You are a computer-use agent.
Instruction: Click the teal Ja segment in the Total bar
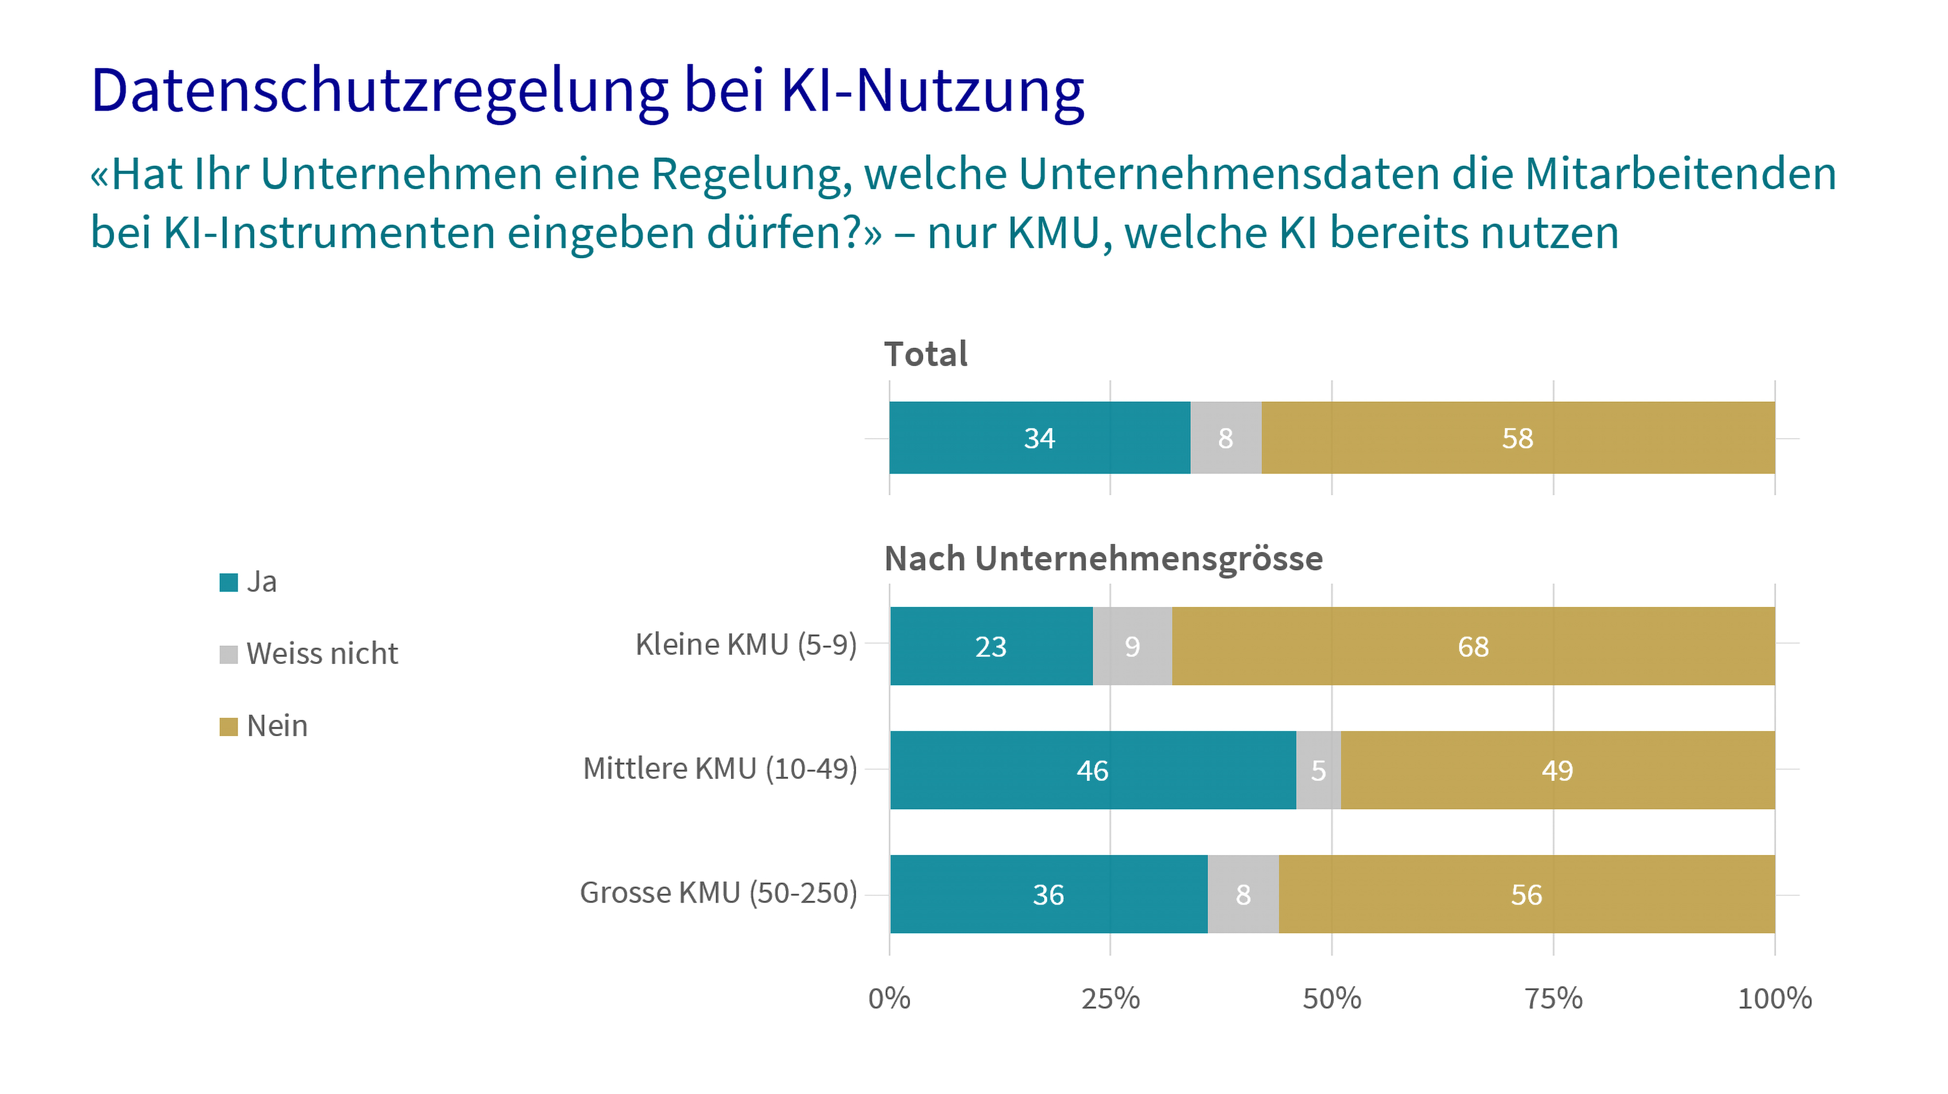[1039, 438]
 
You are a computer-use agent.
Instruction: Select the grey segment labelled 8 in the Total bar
[1226, 438]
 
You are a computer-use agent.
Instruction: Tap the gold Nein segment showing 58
[1517, 438]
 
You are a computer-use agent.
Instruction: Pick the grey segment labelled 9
[1132, 646]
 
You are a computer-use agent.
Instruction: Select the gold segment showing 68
[1473, 646]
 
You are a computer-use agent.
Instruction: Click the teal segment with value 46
[1093, 770]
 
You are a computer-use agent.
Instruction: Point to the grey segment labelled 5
[1318, 770]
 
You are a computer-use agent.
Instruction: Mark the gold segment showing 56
[1526, 894]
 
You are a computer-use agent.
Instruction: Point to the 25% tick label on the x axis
[1110, 999]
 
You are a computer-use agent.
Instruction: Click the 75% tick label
[1553, 999]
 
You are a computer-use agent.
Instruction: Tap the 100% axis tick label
[1774, 999]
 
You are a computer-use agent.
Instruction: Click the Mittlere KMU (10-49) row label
[720, 769]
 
